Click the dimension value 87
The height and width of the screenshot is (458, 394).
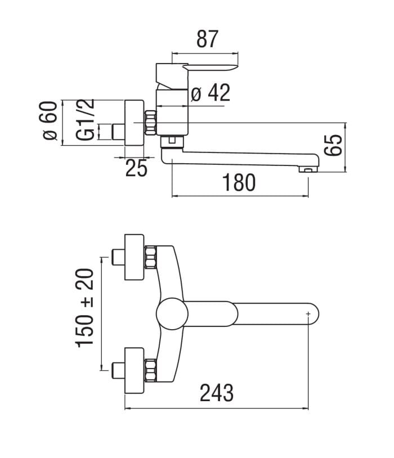pos(207,39)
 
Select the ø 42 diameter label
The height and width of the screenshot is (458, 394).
pos(211,93)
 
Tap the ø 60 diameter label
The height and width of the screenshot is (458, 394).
pos(49,120)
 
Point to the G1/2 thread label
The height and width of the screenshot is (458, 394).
pos(86,120)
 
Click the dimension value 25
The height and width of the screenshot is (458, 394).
pos(137,168)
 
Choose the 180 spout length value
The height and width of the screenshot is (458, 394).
pos(239,182)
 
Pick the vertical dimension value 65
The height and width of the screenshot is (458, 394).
pos(333,145)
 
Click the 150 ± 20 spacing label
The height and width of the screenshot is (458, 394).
pos(85,308)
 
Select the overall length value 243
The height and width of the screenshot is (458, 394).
pos(217,393)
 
